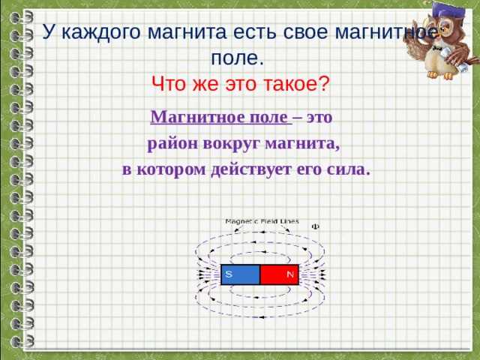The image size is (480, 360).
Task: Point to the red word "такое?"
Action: (x=295, y=82)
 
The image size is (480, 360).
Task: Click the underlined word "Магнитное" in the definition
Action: (x=186, y=118)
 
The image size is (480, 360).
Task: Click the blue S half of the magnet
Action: (x=241, y=275)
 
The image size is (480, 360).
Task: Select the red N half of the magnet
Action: (x=279, y=275)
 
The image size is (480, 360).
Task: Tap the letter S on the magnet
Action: (x=228, y=274)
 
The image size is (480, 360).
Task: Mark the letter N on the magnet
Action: (x=289, y=274)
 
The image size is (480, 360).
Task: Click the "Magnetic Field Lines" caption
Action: (x=262, y=221)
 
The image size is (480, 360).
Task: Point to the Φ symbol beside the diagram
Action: (x=315, y=225)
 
